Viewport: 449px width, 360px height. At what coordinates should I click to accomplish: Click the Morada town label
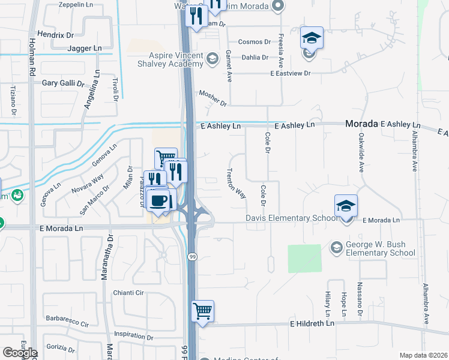361,124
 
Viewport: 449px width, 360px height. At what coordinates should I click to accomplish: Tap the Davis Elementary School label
291,218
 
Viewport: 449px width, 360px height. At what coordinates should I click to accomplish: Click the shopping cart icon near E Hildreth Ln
203,311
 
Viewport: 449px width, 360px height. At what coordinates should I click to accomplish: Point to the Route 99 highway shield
193,257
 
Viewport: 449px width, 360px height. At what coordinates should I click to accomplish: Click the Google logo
20,353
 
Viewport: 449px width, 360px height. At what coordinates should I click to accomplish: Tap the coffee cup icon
158,200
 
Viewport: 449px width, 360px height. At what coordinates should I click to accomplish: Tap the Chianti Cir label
129,293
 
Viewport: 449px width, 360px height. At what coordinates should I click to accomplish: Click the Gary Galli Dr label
63,83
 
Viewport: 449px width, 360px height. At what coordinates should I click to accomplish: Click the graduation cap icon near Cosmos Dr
312,38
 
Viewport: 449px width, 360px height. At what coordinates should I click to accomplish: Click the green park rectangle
304,259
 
